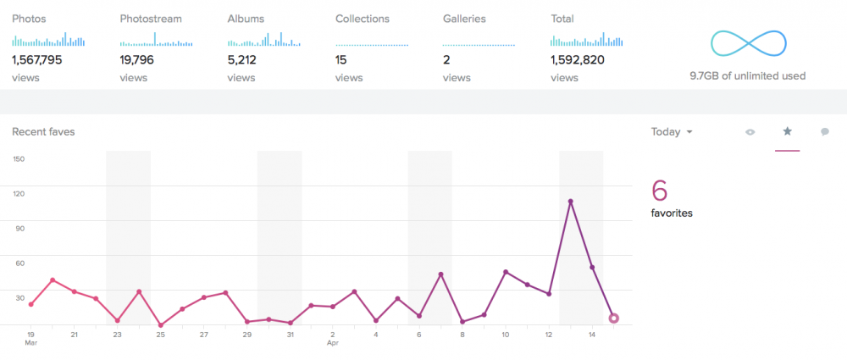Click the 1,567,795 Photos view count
point(36,60)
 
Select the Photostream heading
point(151,19)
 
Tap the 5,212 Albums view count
point(242,60)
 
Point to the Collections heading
point(363,19)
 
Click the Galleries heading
point(464,19)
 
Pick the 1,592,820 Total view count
point(578,60)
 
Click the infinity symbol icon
point(748,44)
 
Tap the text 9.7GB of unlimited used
point(748,76)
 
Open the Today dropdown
point(672,132)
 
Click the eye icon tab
point(750,132)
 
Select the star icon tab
point(787,130)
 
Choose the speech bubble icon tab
point(825,132)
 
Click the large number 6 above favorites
point(660,191)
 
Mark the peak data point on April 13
point(570,202)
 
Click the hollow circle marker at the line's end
point(613,318)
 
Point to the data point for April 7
point(440,274)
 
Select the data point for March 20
point(53,280)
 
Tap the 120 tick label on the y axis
point(19,193)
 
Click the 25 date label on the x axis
point(160,335)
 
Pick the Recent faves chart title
point(43,132)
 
